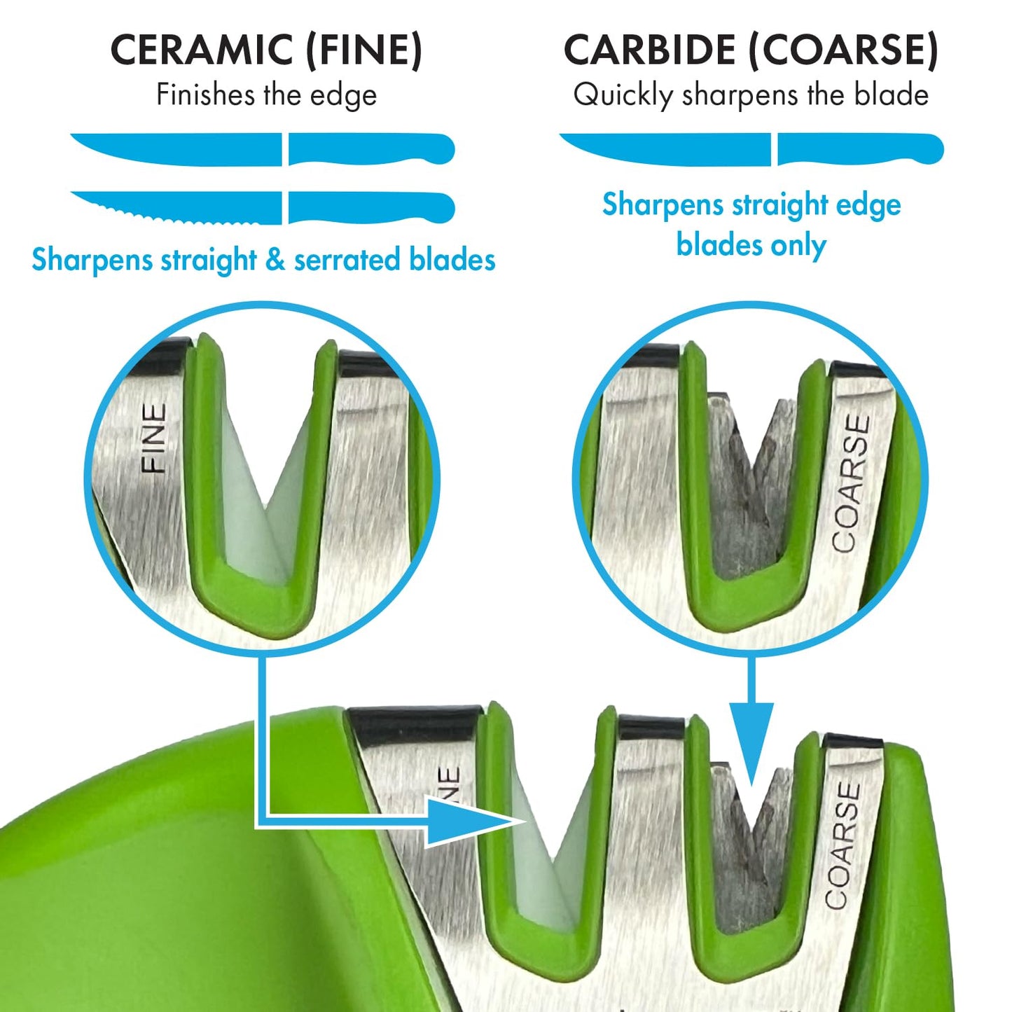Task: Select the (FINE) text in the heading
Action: point(364,50)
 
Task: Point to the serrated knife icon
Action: point(262,208)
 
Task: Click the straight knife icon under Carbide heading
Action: point(751,149)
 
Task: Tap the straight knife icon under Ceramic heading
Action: point(262,149)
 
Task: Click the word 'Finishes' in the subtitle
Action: point(205,95)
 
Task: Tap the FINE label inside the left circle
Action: point(154,438)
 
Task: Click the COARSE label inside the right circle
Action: point(852,483)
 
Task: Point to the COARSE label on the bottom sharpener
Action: point(843,846)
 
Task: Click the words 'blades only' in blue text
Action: point(751,245)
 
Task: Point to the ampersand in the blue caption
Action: point(275,260)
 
